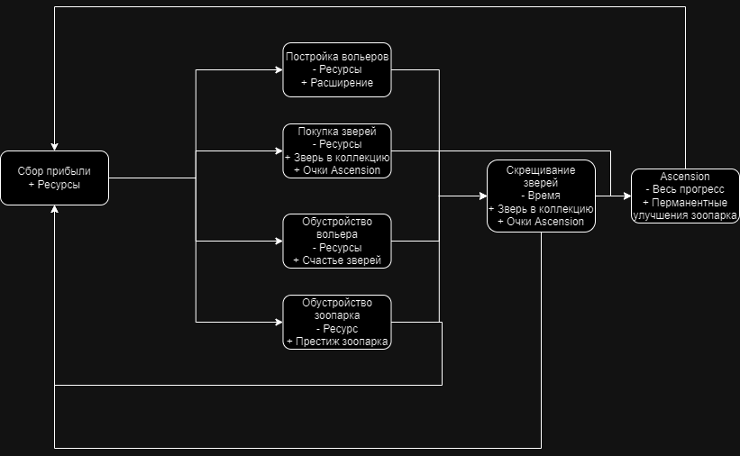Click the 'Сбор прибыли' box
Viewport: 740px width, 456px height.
[x=54, y=178]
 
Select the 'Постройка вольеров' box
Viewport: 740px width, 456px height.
[x=337, y=69]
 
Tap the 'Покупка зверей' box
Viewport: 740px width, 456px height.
[x=337, y=150]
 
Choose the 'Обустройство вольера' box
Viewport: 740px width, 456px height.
[x=337, y=241]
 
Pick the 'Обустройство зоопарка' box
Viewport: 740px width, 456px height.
[x=337, y=322]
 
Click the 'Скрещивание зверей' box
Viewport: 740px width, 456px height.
[x=541, y=196]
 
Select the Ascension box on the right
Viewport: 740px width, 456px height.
[x=685, y=196]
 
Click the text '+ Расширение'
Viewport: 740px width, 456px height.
[x=337, y=83]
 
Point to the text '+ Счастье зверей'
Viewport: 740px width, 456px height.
[x=337, y=260]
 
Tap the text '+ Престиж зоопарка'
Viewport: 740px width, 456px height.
[x=337, y=342]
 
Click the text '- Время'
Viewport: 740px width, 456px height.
[x=541, y=196]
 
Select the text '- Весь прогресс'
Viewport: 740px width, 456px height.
[x=685, y=189]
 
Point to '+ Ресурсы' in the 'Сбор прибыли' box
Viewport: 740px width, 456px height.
[x=54, y=184]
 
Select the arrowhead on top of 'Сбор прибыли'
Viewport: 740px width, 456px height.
[x=55, y=146]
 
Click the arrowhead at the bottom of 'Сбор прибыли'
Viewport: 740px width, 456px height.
[x=55, y=209]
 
